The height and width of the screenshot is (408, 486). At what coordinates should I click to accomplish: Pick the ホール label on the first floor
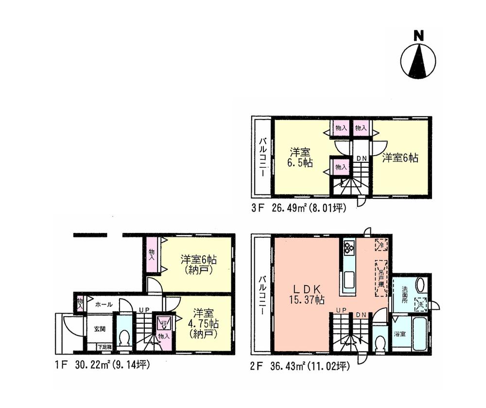point(104,304)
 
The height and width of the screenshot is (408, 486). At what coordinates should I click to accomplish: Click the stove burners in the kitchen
point(349,248)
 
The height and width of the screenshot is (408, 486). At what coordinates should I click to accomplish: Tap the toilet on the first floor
point(124,337)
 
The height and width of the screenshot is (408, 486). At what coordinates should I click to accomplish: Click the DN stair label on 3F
point(362,158)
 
